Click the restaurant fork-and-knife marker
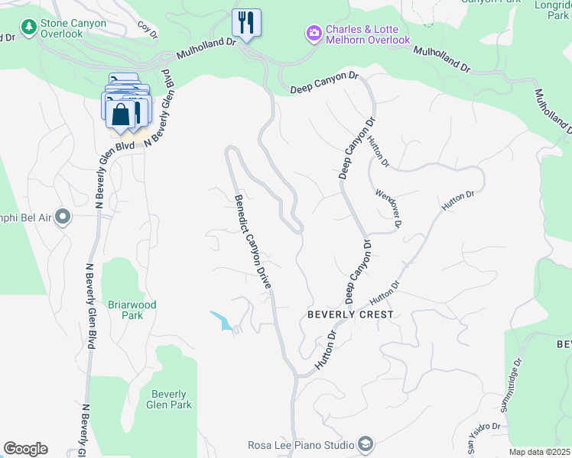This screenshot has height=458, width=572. [x=246, y=21]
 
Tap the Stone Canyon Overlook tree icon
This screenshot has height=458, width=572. [x=30, y=28]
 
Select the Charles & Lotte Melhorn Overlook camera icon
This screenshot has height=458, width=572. [x=314, y=33]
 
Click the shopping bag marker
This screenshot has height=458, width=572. [x=121, y=114]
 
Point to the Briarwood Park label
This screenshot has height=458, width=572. [x=132, y=310]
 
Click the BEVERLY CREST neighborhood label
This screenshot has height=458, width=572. [x=350, y=314]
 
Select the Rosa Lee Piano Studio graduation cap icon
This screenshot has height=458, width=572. [x=366, y=444]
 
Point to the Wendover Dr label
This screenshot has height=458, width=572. [x=389, y=207]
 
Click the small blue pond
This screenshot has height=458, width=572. [x=222, y=321]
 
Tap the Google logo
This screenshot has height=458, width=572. [x=25, y=449]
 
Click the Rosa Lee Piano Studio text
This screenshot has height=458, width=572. [x=301, y=445]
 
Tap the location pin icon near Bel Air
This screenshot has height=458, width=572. [x=63, y=218]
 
